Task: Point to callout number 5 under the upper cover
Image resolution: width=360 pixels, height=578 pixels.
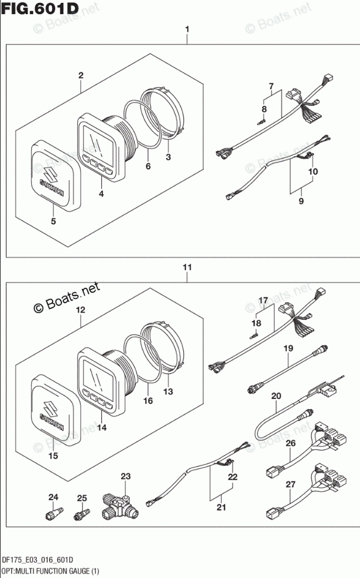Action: [53, 222]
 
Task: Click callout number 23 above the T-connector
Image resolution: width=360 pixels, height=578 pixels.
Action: [125, 476]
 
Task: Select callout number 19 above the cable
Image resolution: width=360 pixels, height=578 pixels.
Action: [288, 349]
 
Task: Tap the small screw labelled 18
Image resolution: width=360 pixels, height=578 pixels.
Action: [255, 336]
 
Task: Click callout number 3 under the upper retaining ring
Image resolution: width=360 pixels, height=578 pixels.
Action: [169, 157]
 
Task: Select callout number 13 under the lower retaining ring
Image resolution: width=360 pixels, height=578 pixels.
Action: [169, 391]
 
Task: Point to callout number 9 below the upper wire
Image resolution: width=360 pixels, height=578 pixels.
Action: [301, 201]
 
